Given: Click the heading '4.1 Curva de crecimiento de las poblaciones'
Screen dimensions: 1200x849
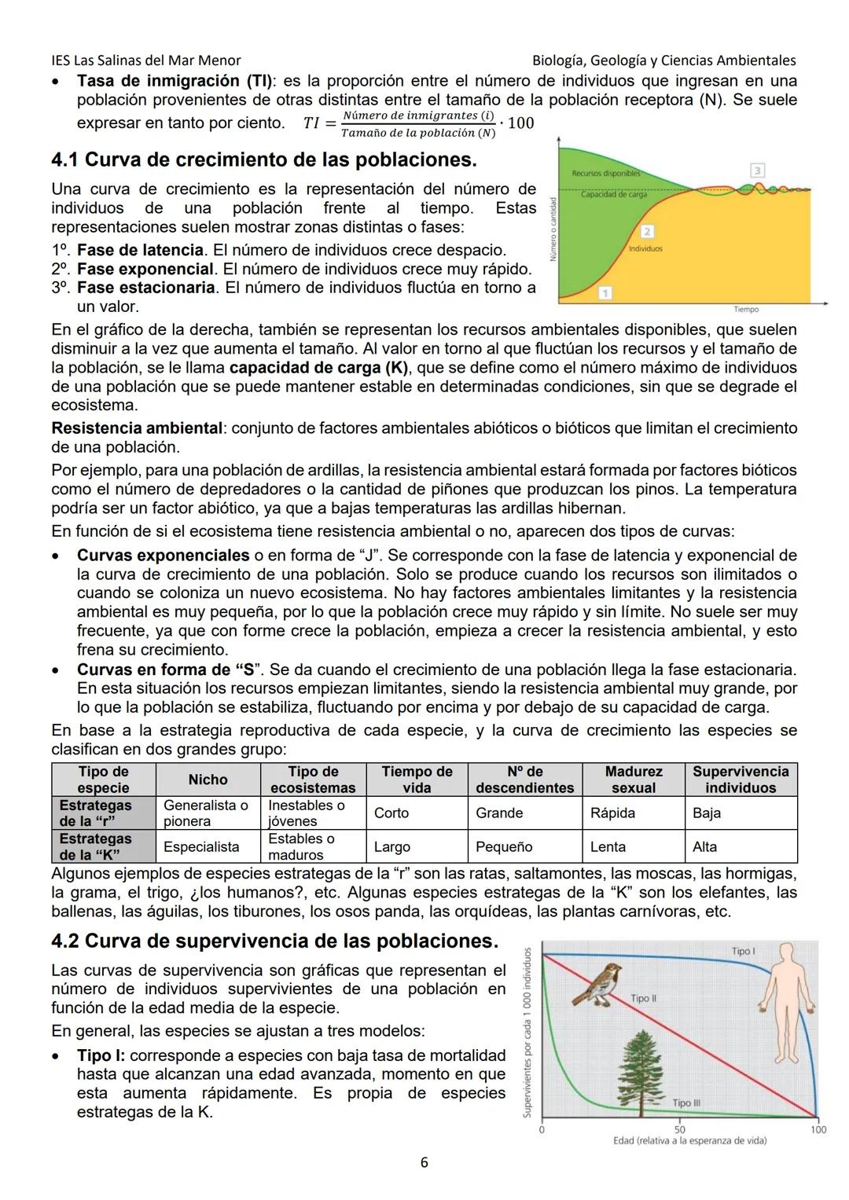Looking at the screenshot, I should [264, 160].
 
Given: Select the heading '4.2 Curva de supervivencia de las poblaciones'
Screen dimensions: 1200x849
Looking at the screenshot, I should [274, 941].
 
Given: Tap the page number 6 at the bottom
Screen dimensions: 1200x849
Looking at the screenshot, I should [424, 1162].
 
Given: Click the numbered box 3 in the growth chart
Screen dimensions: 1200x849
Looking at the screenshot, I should [757, 171].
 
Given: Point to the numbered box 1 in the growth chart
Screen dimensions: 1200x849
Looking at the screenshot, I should [605, 293].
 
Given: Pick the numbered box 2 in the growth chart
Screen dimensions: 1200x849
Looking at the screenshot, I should [647, 231].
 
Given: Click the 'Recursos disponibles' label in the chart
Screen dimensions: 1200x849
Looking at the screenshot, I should [605, 173].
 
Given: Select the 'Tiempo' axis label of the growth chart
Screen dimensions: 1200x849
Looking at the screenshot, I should [746, 310].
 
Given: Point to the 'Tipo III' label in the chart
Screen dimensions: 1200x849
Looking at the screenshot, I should [686, 1103].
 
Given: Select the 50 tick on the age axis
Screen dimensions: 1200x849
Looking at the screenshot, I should [679, 1129].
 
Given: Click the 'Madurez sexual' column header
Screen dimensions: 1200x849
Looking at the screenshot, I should [633, 780].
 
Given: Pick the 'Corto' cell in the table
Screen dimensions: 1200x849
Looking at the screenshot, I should [391, 813].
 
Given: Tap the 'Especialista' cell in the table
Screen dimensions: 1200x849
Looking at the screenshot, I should [200, 846].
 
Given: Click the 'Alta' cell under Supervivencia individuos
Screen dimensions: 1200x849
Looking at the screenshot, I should [704, 846].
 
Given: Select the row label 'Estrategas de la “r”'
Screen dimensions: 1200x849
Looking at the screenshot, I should [96, 813].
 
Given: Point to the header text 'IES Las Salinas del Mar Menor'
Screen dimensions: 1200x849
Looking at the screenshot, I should [145, 61].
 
